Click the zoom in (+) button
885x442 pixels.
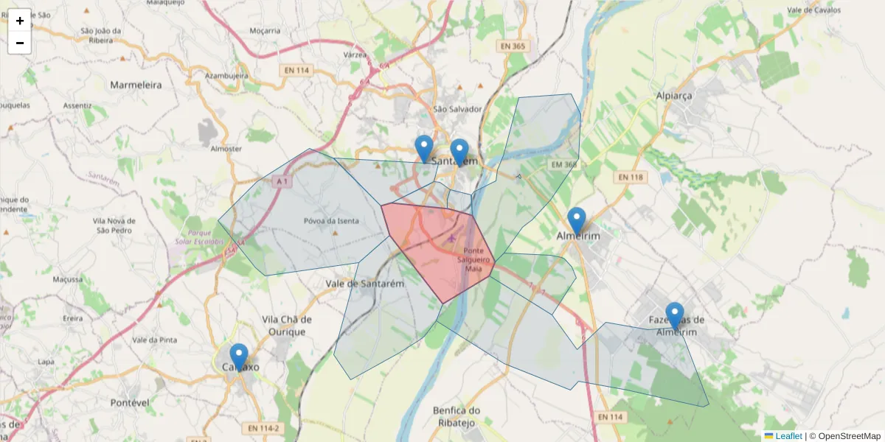pos(20,21)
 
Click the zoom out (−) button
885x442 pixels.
pos(20,43)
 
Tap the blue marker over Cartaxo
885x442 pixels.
pos(238,357)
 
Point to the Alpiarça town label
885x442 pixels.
pos(677,96)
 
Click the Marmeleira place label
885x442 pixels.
pos(136,85)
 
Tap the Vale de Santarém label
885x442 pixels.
pos(366,283)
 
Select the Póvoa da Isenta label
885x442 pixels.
pos(331,221)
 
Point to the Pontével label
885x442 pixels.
pos(130,403)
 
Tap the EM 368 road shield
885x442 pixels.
pos(563,164)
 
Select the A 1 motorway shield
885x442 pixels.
pos(281,180)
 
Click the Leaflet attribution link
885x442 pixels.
pos(788,436)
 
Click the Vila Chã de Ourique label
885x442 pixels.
pos(287,326)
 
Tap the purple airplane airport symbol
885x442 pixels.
pos(452,238)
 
